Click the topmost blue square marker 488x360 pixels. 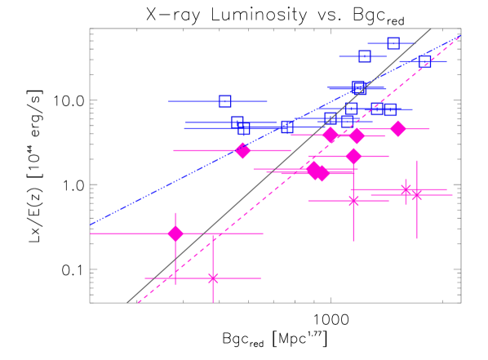(393, 43)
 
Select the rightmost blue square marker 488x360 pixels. (425, 61)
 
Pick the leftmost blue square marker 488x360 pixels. (225, 101)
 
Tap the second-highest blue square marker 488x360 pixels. (365, 56)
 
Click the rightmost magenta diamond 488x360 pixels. (398, 129)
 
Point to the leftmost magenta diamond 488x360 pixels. (175, 233)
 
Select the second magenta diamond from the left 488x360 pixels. (242, 150)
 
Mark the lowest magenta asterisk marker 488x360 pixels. (213, 278)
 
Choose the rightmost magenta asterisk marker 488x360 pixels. (417, 194)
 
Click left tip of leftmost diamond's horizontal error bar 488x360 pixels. (90, 233)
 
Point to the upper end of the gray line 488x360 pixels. (431, 29)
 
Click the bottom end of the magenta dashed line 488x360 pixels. (138, 303)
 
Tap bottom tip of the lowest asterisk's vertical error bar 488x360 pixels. (213, 303)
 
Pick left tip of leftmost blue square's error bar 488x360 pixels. (167, 101)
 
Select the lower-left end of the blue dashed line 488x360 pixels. (90, 224)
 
